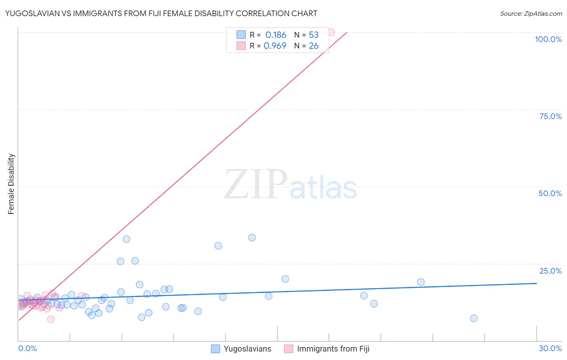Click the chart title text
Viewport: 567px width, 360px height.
(x=161, y=13)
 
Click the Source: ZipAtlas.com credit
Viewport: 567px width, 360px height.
(x=531, y=13)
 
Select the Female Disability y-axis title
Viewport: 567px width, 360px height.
(x=11, y=184)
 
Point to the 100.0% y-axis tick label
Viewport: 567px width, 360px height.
(x=548, y=39)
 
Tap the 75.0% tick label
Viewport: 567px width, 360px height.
(x=550, y=116)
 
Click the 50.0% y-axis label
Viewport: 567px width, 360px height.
(x=550, y=193)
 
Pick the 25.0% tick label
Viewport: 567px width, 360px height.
(x=550, y=271)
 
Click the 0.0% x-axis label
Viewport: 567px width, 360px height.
(x=27, y=348)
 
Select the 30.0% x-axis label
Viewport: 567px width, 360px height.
(x=550, y=348)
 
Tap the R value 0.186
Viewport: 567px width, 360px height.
(x=276, y=35)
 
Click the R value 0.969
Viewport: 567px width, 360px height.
(x=275, y=46)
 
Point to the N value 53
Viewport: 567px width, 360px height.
(x=314, y=35)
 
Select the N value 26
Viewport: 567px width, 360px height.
(x=314, y=46)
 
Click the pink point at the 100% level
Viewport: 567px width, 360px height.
(x=331, y=32)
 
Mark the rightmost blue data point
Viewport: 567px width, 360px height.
(x=474, y=318)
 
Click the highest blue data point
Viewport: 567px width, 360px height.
(x=252, y=238)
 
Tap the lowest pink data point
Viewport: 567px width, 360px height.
(x=51, y=319)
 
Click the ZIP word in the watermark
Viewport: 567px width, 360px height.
(x=256, y=185)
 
